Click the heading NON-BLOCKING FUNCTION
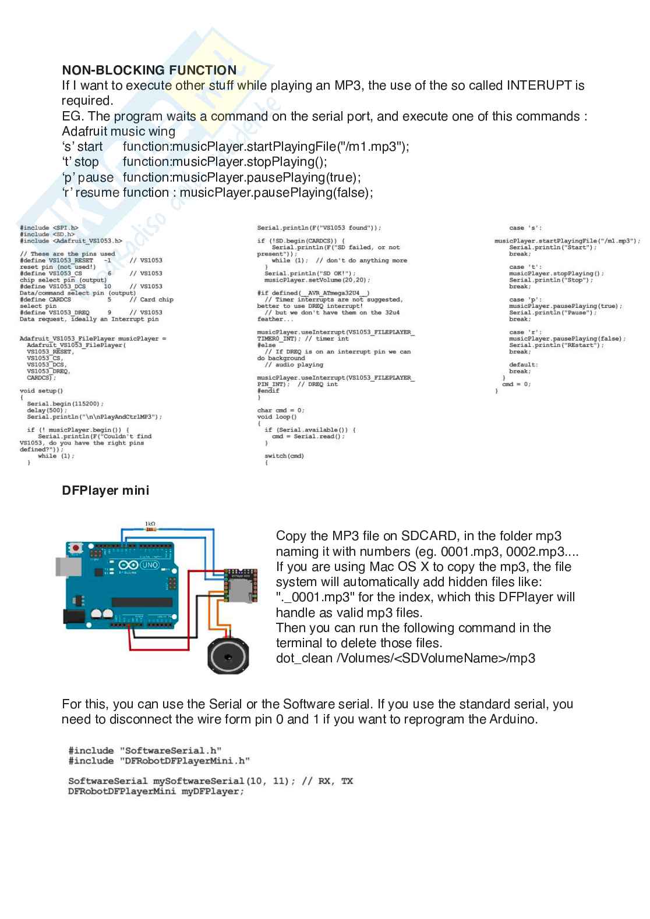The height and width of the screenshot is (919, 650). (x=149, y=70)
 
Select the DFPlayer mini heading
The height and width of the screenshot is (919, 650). (x=105, y=491)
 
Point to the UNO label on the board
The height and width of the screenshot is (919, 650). (x=149, y=565)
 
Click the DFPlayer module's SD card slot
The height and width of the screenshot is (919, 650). (x=241, y=590)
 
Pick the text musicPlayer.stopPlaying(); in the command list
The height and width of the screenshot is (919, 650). (x=225, y=162)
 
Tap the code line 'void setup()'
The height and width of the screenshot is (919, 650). (x=41, y=391)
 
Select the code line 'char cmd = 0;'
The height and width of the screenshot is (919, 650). (x=281, y=410)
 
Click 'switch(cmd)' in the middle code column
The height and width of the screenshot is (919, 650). (x=284, y=456)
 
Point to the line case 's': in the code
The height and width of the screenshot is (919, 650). (x=525, y=228)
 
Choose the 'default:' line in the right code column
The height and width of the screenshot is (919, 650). (x=523, y=365)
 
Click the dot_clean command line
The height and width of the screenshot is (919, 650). (x=405, y=658)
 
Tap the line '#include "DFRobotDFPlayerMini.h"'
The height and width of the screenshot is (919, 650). (x=159, y=761)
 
